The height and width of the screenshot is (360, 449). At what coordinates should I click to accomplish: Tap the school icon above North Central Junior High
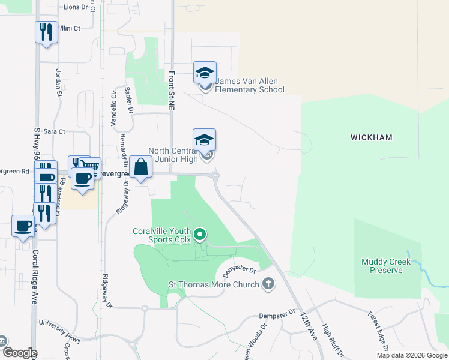pos(204,140)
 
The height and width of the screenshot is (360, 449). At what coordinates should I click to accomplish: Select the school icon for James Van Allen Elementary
pos(205,73)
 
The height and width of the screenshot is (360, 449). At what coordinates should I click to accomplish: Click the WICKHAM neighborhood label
pos(371,137)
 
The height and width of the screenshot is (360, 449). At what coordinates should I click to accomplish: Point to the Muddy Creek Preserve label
pos(386,266)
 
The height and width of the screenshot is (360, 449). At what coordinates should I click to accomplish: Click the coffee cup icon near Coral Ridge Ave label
pos(23,226)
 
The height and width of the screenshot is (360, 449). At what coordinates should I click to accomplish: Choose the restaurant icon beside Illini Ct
pos(46,31)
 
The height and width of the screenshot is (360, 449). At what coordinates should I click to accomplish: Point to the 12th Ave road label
pos(308,326)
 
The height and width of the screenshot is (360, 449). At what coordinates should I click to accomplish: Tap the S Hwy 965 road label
pos(37,146)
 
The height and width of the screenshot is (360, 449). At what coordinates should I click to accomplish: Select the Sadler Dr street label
pos(128,98)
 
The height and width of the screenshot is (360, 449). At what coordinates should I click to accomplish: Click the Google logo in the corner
pos(19,353)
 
